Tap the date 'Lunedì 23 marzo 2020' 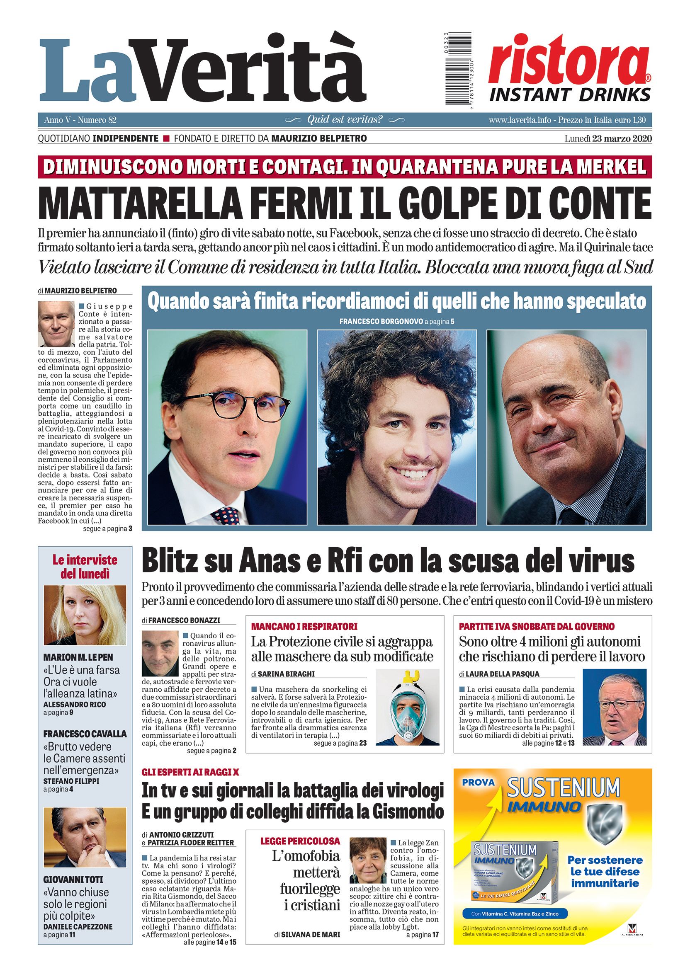point(608,138)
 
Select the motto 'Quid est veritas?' point(345,120)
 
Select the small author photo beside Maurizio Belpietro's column point(56,324)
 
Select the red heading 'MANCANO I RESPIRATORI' point(304,626)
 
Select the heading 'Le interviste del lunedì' point(85,567)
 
